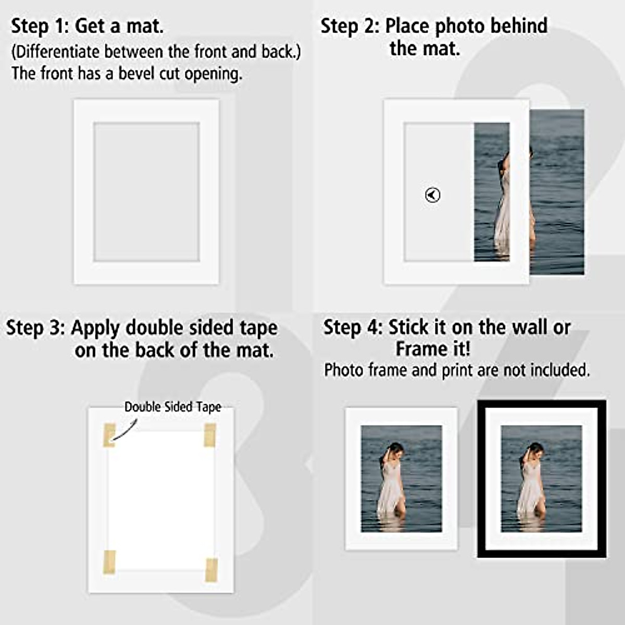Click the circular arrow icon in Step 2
(432, 195)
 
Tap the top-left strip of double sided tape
(109, 435)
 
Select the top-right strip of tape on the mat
(210, 435)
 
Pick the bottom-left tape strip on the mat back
(109, 562)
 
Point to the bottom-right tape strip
(211, 569)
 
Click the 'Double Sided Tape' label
(172, 407)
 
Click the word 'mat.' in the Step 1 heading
(145, 26)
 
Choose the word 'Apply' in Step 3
(96, 328)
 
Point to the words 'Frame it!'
(433, 348)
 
